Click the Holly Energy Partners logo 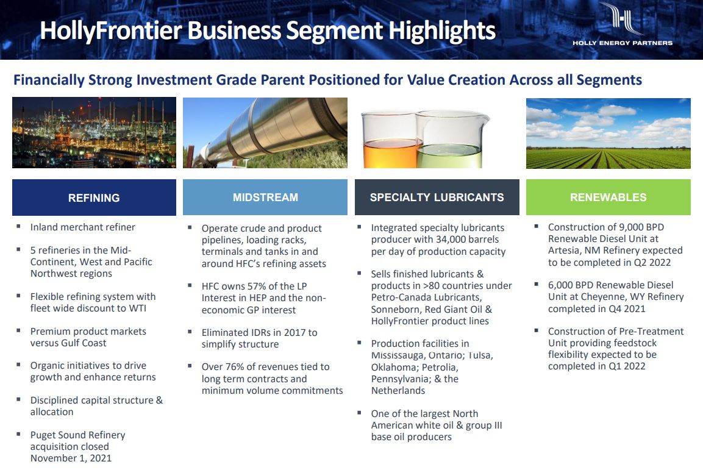click(x=623, y=24)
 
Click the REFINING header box click(x=94, y=198)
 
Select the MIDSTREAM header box click(x=265, y=197)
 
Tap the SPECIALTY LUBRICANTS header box click(x=437, y=197)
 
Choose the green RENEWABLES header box click(x=608, y=197)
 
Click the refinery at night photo click(x=94, y=133)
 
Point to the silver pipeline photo click(x=265, y=133)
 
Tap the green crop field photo click(x=608, y=133)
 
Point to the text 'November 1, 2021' click(x=71, y=458)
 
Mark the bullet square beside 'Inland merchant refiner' click(x=18, y=226)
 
